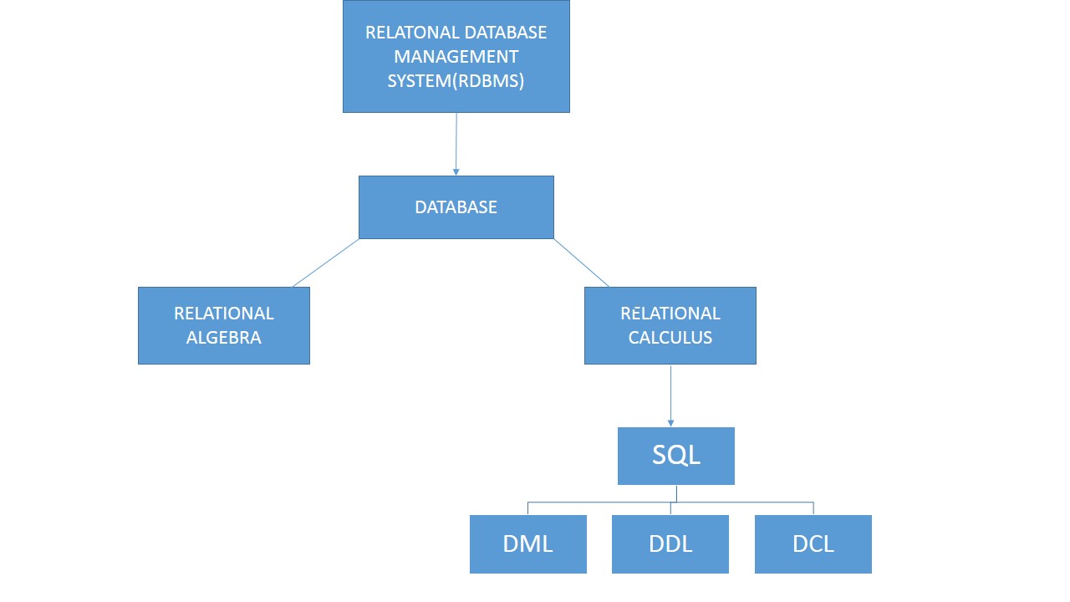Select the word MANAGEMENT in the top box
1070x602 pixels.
(x=456, y=57)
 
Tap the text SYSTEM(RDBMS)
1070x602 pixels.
(x=456, y=81)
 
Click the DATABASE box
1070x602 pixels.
(x=456, y=207)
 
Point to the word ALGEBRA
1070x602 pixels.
(x=224, y=338)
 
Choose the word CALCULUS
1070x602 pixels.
(x=670, y=338)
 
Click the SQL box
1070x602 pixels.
(x=676, y=456)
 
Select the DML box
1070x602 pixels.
(x=528, y=544)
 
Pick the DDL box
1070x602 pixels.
(x=670, y=544)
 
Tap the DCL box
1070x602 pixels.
(x=813, y=544)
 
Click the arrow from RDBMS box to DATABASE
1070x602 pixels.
(x=456, y=142)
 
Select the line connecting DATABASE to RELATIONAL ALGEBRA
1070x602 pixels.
(x=326, y=263)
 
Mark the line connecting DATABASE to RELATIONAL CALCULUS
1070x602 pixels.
(x=582, y=263)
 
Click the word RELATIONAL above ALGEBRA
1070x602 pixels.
(x=224, y=314)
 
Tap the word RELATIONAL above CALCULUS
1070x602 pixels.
(x=670, y=314)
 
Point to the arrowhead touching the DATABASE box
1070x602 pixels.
(x=456, y=171)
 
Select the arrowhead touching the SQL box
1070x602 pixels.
(x=670, y=423)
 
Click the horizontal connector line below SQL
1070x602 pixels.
(x=602, y=503)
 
